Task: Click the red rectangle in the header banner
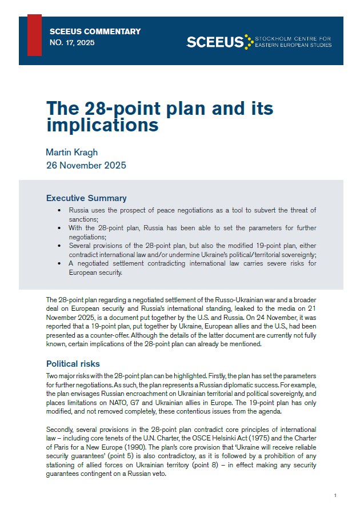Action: pos(34,35)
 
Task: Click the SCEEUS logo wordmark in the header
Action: pos(215,41)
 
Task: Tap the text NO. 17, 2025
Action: pos(73,43)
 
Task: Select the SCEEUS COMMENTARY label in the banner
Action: pos(95,32)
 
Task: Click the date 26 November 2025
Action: pos(86,166)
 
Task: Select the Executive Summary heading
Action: pos(86,198)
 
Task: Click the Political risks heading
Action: pos(73,363)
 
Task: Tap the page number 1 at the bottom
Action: pos(335,495)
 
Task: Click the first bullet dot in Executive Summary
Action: pos(61,211)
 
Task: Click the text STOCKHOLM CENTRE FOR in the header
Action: pos(294,38)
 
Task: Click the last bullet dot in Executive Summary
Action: pos(61,263)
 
